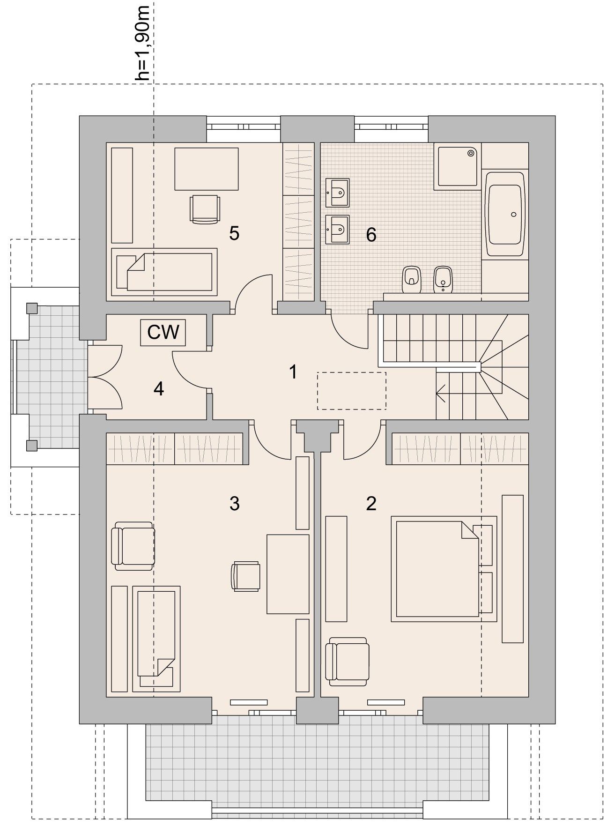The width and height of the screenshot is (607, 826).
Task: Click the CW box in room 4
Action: (163, 333)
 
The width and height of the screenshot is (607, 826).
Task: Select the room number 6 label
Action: (371, 235)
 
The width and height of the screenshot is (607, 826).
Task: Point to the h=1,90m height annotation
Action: (142, 43)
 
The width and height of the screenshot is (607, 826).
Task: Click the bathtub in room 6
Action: (505, 214)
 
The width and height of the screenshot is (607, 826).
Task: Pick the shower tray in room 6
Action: (458, 166)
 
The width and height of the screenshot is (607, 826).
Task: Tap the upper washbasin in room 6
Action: (338, 192)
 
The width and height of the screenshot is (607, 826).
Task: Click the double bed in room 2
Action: (444, 569)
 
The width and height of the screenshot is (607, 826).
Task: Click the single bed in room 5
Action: (164, 272)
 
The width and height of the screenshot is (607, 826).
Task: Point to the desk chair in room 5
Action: (205, 209)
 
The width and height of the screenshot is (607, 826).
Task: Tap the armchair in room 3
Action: (133, 546)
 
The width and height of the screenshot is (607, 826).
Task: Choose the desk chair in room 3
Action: (245, 576)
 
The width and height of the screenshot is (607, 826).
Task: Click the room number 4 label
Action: (159, 388)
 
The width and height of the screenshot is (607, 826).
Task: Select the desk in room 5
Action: (207, 169)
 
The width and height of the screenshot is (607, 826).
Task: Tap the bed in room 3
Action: (156, 638)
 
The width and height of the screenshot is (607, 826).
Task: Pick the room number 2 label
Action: (371, 503)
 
